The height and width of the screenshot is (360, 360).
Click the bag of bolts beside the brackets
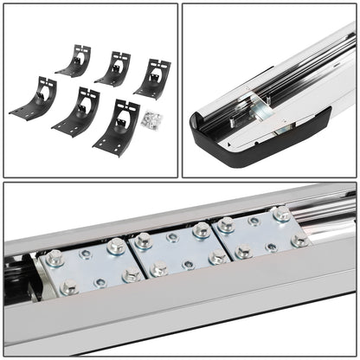coord(154,119)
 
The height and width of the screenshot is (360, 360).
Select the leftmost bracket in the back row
coord(76,61)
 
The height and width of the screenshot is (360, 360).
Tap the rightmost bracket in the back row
coord(153,78)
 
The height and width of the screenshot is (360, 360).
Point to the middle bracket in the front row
coord(77,110)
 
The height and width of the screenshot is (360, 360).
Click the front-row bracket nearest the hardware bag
coord(119,125)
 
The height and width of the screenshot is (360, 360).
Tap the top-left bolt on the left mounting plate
coord(55,257)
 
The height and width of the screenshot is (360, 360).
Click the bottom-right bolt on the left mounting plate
coord(132,275)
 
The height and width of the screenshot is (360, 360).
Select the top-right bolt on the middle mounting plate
coord(202,230)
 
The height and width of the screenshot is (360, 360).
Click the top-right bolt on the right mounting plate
coord(281,213)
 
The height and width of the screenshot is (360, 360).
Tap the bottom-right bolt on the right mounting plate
coord(299,239)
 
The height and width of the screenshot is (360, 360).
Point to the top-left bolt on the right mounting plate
coord(225,225)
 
